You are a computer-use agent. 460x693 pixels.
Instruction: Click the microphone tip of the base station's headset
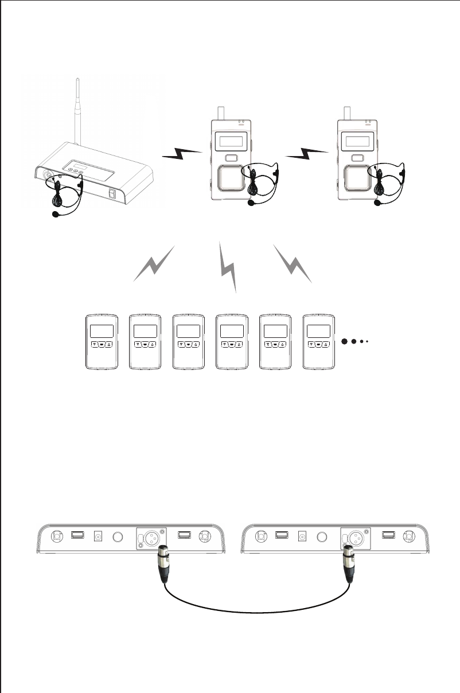55,215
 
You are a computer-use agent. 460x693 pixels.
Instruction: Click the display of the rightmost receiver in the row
318,331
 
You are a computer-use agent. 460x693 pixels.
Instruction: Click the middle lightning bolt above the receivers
228,266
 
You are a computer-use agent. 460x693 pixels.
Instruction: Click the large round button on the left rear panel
118,537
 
